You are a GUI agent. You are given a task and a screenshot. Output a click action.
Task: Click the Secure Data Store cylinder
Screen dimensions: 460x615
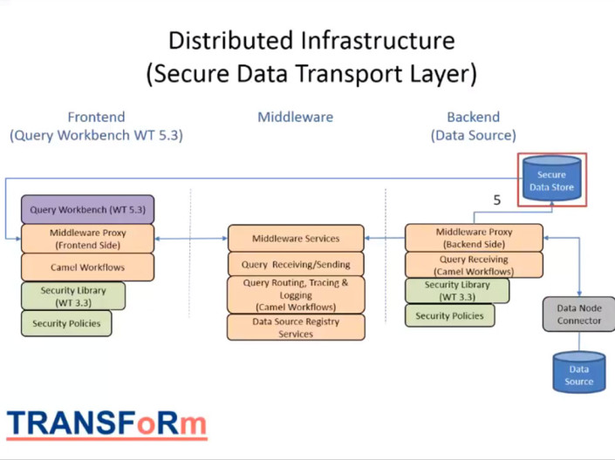[551, 180]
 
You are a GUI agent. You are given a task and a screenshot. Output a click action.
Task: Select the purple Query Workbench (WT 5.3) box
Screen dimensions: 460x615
[87, 210]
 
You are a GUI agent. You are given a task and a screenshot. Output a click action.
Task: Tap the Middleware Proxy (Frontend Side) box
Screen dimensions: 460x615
[87, 239]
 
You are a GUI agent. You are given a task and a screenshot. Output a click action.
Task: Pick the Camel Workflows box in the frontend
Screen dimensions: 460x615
[87, 267]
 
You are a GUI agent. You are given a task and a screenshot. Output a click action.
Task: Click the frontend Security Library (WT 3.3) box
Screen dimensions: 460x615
[73, 295]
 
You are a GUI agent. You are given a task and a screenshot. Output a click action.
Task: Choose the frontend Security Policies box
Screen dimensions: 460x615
[66, 323]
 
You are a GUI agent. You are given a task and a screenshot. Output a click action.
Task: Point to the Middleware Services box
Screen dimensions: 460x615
[296, 238]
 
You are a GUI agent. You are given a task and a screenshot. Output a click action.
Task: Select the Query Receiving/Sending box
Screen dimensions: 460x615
[296, 264]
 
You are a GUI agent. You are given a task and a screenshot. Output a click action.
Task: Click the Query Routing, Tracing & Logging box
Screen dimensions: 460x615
[296, 294]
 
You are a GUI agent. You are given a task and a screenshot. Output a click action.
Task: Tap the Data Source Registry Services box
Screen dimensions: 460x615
[296, 328]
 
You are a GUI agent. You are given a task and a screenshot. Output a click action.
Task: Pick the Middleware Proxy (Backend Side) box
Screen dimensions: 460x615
[474, 238]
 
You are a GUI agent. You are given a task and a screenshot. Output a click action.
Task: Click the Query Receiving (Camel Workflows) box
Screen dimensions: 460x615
[474, 265]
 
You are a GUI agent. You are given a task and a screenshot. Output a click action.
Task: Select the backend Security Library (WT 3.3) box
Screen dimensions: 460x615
[457, 291]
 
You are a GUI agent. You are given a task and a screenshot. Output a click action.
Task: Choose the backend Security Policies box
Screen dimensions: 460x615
[450, 315]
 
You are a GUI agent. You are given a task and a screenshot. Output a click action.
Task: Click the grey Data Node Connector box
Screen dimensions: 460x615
[578, 314]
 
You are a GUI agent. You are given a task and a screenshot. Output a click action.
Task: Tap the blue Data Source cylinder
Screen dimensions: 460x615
[578, 373]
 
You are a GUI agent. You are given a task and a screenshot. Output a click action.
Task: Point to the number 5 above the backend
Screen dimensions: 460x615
[497, 200]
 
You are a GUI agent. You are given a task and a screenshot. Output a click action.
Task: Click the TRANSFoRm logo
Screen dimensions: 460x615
[107, 423]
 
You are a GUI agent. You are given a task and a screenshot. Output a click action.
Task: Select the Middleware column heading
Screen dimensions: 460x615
[295, 117]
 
